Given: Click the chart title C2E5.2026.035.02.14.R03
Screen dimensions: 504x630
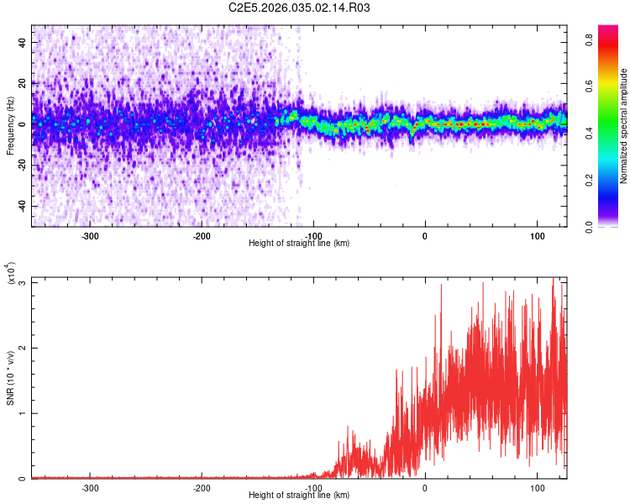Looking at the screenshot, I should click(300, 8).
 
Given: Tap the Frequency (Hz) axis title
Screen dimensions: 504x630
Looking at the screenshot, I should click(11, 126).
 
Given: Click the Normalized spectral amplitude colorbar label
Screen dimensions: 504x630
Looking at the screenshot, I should click(624, 126).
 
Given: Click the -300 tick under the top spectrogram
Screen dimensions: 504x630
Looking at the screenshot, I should click(90, 236).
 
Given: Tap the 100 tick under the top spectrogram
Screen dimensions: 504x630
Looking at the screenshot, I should click(537, 236).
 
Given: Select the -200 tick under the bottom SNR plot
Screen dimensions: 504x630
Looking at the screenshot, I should click(202, 488).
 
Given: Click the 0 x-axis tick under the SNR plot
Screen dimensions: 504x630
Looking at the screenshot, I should click(425, 488).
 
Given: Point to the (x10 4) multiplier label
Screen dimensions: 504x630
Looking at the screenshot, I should click(11, 273).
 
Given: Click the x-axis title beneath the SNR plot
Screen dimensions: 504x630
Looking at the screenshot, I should click(299, 496).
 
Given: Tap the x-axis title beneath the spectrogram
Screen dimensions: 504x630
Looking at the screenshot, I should click(299, 244).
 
